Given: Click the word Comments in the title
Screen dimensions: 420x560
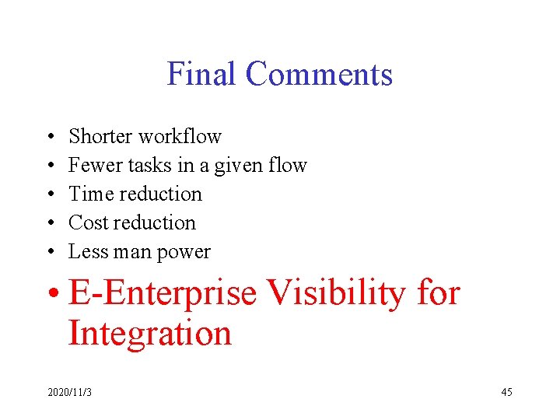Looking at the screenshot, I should click(x=319, y=75).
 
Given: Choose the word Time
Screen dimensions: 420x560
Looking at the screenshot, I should click(x=92, y=194).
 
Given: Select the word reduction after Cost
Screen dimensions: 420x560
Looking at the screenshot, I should click(x=157, y=222).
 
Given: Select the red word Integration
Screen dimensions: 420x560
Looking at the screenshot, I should click(x=150, y=334).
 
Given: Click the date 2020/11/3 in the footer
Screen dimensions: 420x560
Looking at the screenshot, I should click(x=69, y=392).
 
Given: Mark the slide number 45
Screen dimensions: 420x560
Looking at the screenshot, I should click(x=506, y=392).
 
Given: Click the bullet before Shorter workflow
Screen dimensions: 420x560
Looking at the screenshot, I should click(x=50, y=137).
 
